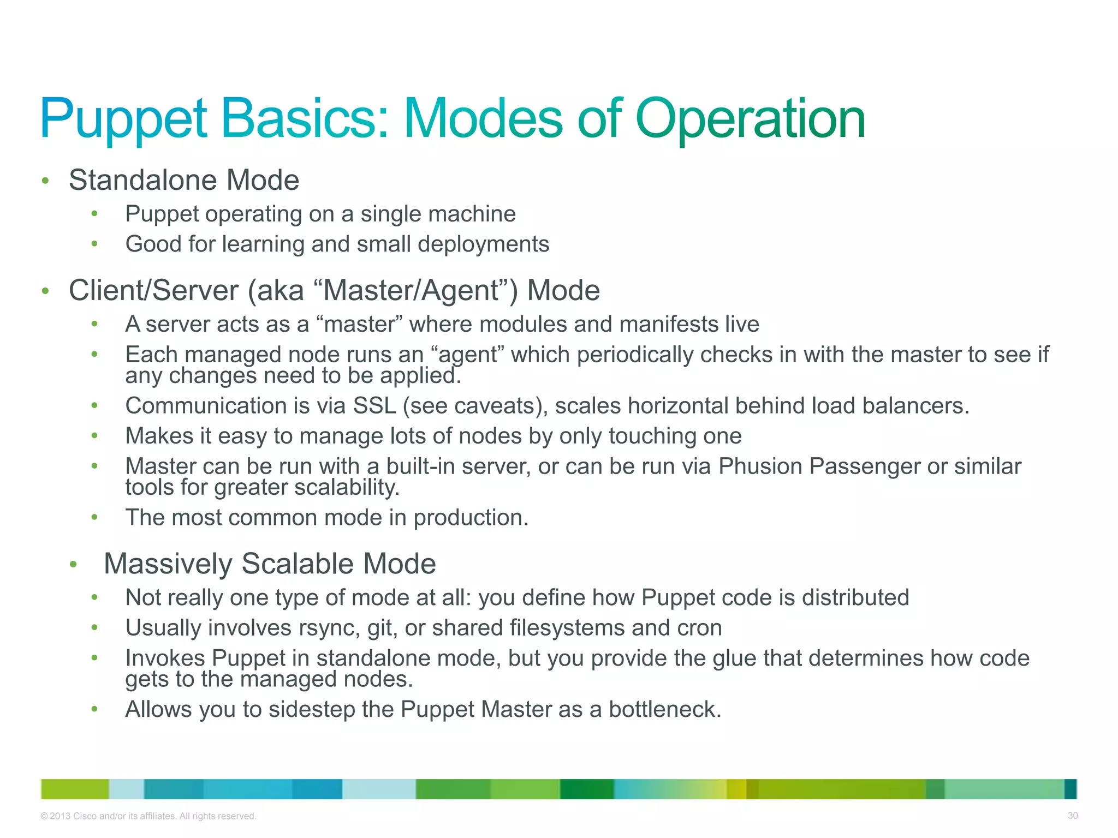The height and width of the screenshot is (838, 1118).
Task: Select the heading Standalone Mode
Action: click(184, 180)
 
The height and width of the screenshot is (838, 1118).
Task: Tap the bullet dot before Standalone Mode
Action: click(46, 181)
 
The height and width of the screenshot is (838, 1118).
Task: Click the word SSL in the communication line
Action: click(374, 406)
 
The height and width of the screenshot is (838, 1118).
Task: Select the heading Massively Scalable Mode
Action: click(270, 564)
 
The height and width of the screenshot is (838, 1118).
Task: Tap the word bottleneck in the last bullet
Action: click(664, 709)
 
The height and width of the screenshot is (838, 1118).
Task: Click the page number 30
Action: click(1072, 816)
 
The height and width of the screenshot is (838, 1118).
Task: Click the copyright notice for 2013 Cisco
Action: click(148, 816)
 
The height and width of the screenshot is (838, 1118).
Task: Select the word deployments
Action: click(483, 244)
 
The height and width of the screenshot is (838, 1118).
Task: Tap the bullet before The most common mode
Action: click(94, 517)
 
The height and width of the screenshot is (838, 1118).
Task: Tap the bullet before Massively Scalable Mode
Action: click(74, 564)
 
